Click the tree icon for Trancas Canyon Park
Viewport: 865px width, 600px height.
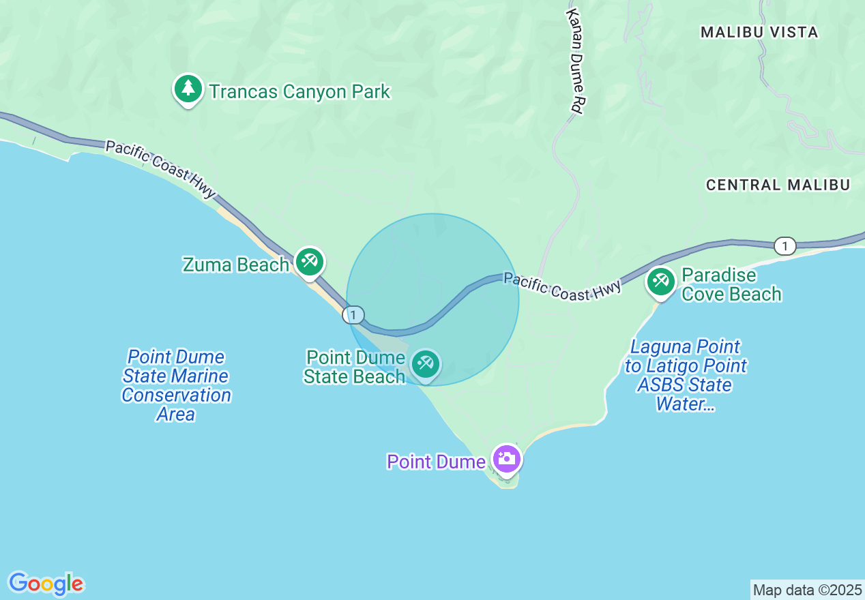point(188,89)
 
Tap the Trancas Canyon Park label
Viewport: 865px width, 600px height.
point(299,91)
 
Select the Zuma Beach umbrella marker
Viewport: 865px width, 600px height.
point(310,261)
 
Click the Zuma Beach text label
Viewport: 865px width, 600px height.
point(235,265)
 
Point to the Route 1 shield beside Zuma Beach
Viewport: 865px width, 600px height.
point(353,315)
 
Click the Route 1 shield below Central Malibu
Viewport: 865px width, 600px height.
point(785,246)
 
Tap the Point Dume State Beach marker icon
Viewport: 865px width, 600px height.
point(426,363)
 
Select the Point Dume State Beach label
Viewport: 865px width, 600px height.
point(355,367)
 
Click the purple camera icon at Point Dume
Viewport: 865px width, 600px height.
point(506,459)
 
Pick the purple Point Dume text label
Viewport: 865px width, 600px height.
point(436,462)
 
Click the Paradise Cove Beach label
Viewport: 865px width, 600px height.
point(731,285)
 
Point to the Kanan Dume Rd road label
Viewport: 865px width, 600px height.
point(577,61)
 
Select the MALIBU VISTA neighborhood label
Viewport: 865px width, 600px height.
point(759,32)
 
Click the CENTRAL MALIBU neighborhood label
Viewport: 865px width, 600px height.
point(778,185)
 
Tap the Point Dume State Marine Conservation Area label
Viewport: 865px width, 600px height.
point(176,385)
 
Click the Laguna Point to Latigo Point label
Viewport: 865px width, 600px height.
point(686,376)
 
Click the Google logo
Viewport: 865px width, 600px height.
point(46,584)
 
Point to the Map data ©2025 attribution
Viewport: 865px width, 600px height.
point(808,590)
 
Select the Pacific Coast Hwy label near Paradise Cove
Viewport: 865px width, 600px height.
point(562,286)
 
